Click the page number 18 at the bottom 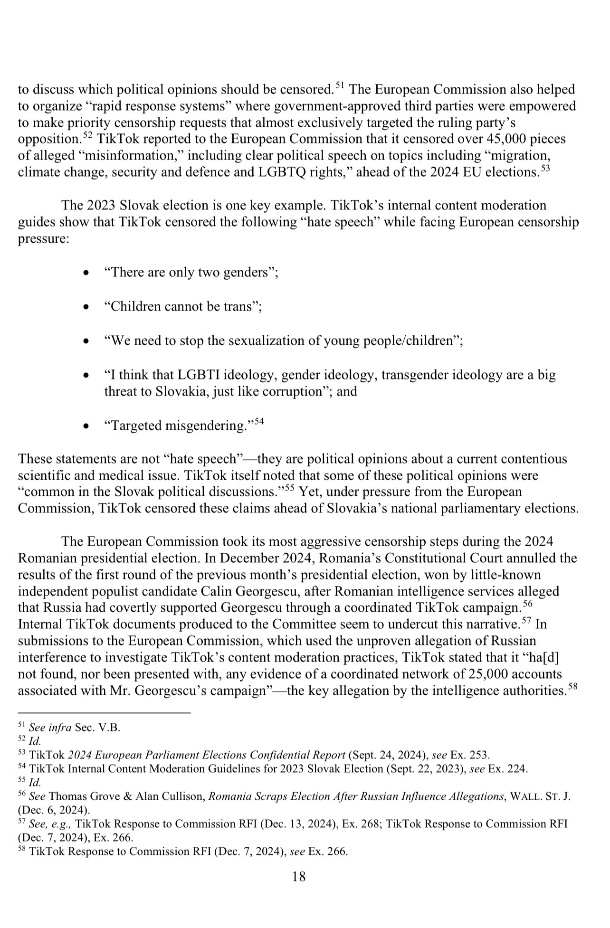[x=299, y=876]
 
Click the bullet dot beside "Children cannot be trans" [x=86, y=307]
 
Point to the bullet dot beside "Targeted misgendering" [x=86, y=426]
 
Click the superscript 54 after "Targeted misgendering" [x=258, y=421]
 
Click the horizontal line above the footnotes [x=104, y=713]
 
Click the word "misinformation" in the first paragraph [x=129, y=155]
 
